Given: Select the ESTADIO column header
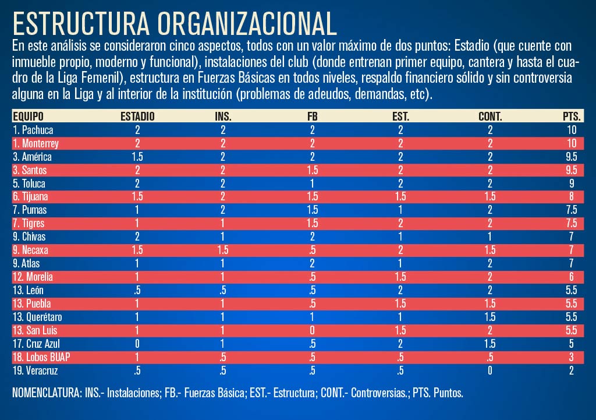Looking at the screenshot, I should tap(137, 117).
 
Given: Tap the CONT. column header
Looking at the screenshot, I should tap(490, 117).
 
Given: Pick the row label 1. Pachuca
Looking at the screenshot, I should tap(33, 130).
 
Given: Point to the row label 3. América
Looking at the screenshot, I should tap(33, 157).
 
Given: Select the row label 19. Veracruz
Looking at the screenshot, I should tap(36, 370).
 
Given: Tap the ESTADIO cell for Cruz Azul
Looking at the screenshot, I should tap(137, 344).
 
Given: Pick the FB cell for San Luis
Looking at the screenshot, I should tap(313, 330).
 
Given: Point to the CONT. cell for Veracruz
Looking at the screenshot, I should tap(490, 370).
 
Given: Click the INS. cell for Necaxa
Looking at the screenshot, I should tap(223, 250).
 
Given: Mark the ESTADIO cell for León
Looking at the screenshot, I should tap(137, 290).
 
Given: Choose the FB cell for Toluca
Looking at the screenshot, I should tap(313, 183).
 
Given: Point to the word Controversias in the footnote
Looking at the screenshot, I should tap(379, 393).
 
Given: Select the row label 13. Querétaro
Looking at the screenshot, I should tap(37, 317).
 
